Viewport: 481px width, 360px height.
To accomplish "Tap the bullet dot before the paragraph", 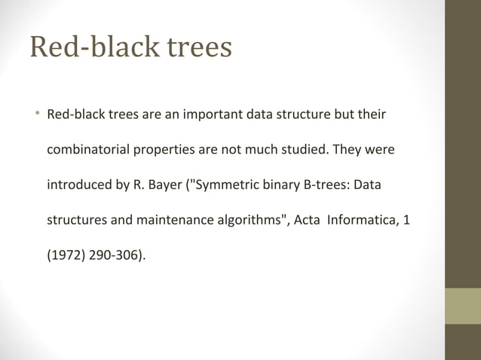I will [x=35, y=115].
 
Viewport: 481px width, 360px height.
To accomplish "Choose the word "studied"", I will [x=302, y=151].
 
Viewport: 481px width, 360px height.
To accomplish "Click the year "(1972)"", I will [x=66, y=256].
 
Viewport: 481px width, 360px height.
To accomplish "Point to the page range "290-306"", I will [x=115, y=256].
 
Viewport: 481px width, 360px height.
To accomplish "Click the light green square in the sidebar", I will [x=462, y=305].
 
